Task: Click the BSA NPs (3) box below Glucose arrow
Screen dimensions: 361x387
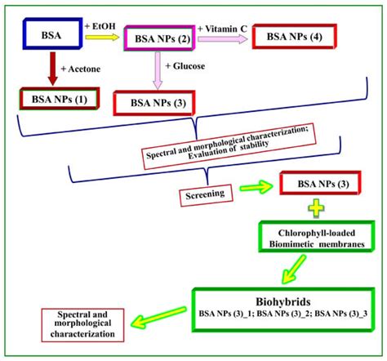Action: pyautogui.click(x=152, y=104)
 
